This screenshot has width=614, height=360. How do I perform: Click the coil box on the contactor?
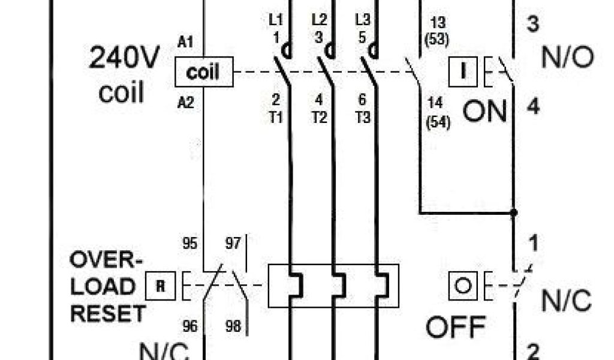tap(203, 73)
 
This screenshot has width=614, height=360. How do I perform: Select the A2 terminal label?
tap(186, 103)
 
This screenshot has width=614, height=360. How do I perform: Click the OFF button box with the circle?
tap(462, 285)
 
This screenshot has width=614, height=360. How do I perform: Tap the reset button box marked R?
tap(161, 286)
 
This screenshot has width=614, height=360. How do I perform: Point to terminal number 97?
tap(234, 244)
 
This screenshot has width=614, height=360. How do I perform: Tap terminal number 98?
tap(234, 326)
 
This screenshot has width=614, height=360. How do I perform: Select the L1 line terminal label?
tap(275, 19)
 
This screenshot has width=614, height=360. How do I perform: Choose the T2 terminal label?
tap(319, 117)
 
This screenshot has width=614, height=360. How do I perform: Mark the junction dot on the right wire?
tap(513, 212)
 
